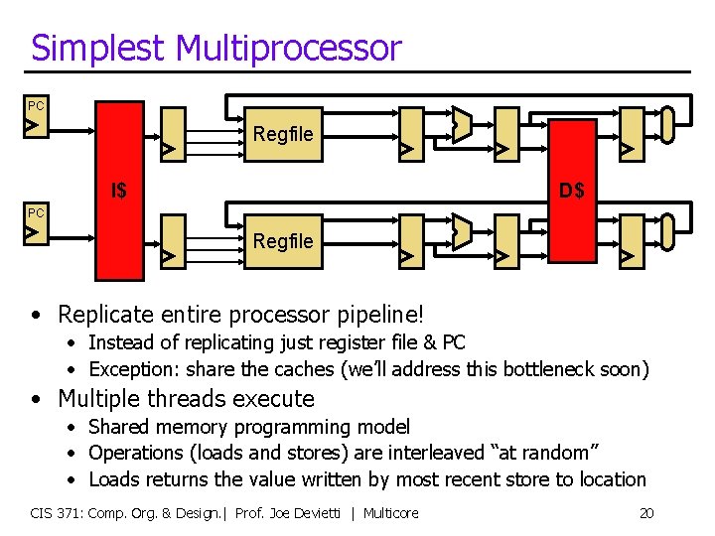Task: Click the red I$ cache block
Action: (120, 190)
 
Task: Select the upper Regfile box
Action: (283, 133)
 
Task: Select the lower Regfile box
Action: (283, 241)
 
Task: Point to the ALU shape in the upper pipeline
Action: (461, 124)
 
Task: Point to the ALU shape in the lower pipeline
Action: (461, 232)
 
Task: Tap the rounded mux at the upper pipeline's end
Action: (667, 123)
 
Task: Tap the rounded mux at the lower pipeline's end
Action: (667, 231)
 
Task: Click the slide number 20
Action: (645, 513)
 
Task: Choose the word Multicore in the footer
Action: (390, 513)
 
